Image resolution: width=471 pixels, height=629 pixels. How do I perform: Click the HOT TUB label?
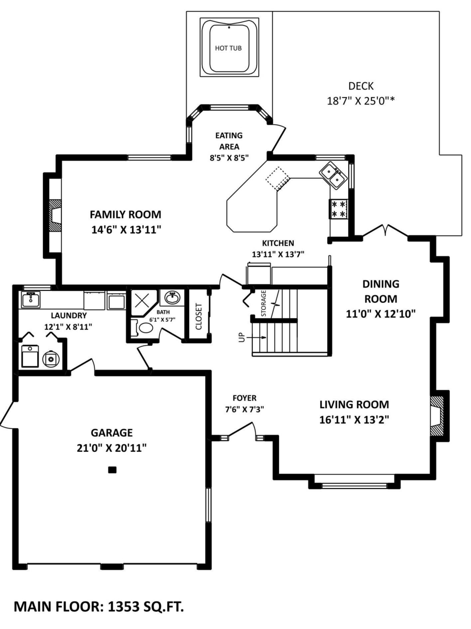point(228,48)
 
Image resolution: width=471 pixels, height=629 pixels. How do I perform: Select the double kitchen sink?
point(334,176)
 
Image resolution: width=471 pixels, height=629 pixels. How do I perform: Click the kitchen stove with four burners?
point(338,209)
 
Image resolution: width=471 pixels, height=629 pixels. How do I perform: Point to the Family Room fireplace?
point(55,215)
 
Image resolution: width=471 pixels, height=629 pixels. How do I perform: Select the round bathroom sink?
point(172,298)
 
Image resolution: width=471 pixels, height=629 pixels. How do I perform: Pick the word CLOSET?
point(199,317)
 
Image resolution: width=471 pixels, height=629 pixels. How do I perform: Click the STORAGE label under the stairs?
point(264,303)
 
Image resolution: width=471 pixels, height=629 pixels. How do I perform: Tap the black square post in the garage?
point(112,470)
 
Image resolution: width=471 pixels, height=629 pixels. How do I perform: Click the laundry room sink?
point(30,300)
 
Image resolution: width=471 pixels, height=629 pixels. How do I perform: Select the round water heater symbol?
point(51,359)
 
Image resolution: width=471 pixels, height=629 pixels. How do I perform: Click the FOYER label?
point(244,398)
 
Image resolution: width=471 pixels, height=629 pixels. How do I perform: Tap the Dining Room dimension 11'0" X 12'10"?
point(381,314)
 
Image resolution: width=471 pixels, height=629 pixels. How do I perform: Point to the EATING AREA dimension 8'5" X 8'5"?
point(229,158)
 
